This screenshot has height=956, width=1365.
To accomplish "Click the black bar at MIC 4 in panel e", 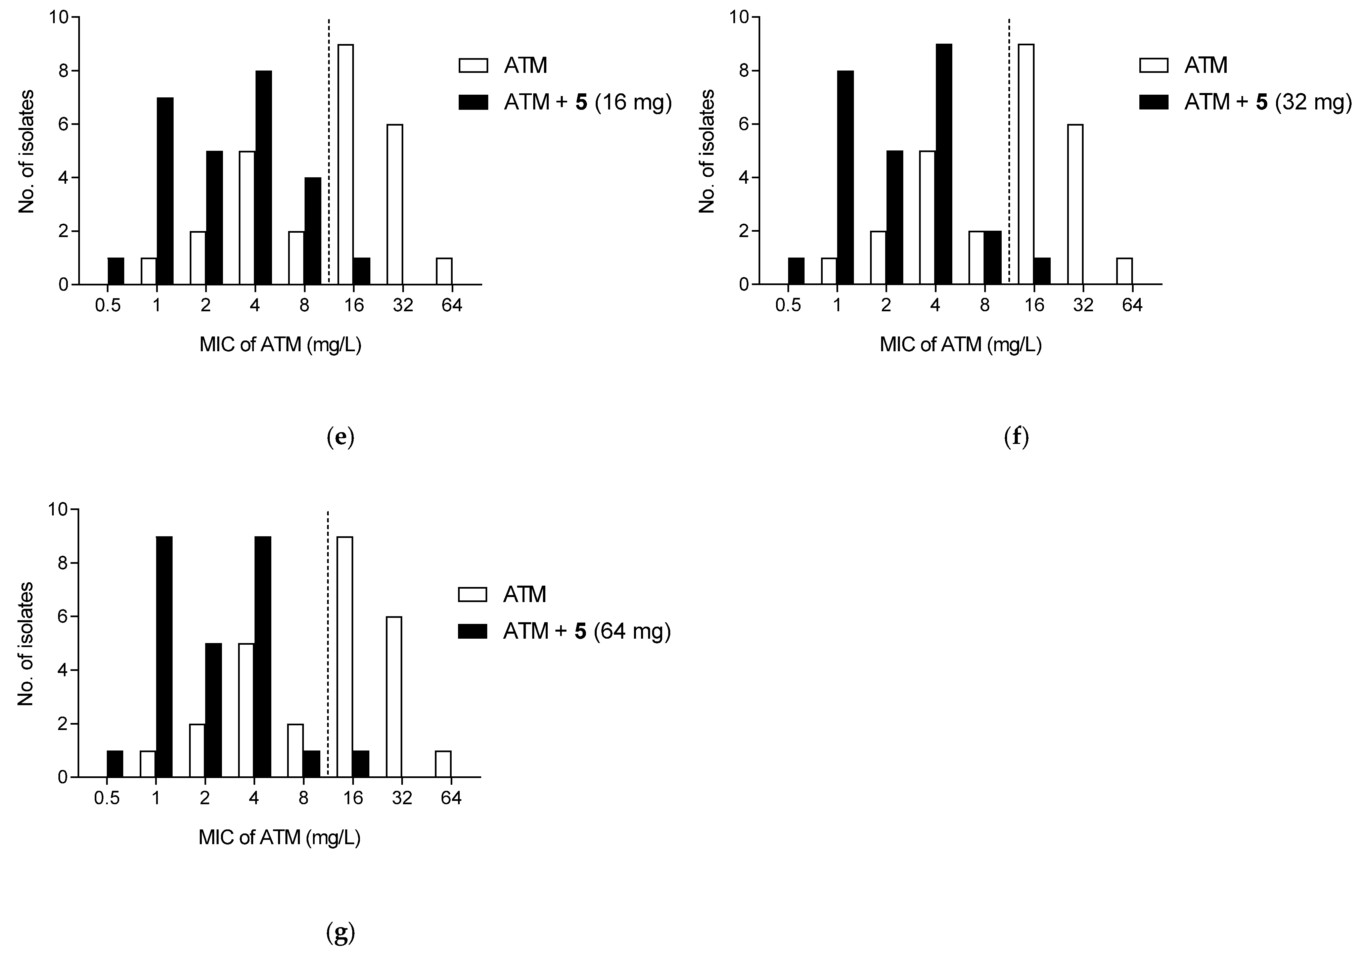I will coord(263,177).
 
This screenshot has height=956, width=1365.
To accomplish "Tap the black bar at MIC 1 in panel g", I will coord(164,656).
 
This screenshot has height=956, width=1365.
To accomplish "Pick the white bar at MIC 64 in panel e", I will coord(444,271).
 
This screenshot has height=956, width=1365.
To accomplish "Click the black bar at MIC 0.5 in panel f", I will coord(796,271).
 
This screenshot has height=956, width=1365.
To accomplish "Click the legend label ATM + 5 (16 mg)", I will coord(587,102).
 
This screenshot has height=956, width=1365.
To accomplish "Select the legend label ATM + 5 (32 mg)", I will coord(1268,102).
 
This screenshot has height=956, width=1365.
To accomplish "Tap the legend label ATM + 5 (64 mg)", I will coord(587,631).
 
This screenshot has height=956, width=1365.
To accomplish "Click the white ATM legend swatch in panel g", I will coord(473,595).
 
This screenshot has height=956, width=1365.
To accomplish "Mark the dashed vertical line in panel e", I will coord(329,149).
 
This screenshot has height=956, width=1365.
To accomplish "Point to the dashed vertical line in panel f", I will coord(1009,149).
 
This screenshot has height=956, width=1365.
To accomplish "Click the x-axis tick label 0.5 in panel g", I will coord(107,798).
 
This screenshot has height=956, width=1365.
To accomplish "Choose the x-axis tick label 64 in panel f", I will coord(1132,306).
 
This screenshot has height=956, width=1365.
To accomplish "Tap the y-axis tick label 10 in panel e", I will coord(59,18).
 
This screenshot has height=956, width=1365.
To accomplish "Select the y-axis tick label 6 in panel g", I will coord(63,617).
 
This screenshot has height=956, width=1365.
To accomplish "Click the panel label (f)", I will coord(1016,438).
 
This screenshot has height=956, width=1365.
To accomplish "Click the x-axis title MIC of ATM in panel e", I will coord(280,345).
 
